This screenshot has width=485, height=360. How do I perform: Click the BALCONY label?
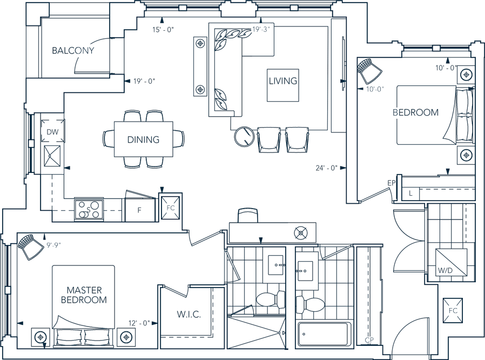coord(73,51)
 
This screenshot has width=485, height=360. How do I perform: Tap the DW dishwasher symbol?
coord(52,131)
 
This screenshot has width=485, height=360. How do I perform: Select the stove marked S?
coord(89,209)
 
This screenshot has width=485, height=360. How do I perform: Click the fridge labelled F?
coord(139,210)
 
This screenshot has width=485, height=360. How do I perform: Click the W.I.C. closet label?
coord(189,315)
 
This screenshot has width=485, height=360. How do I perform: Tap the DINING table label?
coord(143,139)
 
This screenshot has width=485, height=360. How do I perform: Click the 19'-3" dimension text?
coord(261,30)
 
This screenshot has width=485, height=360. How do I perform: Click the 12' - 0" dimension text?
coord(139,323)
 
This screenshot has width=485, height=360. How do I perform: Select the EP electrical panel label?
coord(391,183)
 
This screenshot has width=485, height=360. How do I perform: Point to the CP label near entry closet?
coord(369,341)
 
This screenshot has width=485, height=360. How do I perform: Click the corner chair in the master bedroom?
coord(30,246)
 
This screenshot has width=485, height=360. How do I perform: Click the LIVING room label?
coord(283,81)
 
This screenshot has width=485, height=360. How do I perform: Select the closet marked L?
coord(412,193)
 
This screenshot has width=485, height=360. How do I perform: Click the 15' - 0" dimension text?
coord(163,30)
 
